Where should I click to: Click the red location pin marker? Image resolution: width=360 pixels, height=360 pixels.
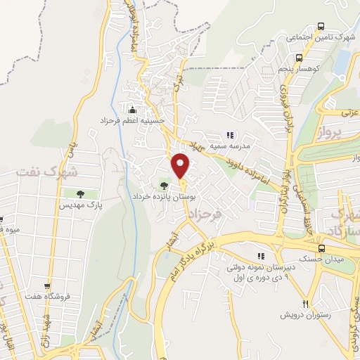tap(181, 165)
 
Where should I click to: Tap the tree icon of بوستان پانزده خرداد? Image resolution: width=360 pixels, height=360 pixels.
tap(164, 186)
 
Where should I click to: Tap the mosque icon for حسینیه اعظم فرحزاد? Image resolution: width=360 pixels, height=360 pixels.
tap(132, 109)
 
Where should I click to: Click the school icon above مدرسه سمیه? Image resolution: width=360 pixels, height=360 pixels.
tap(229, 135)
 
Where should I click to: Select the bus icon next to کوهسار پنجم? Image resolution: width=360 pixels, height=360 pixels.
tap(300, 58)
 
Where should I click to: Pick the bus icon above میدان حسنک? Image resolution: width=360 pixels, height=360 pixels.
tap(321, 248)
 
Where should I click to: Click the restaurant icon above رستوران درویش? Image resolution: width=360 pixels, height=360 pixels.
tap(305, 304)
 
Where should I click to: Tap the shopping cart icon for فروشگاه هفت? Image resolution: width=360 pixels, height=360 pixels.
tap(47, 287)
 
